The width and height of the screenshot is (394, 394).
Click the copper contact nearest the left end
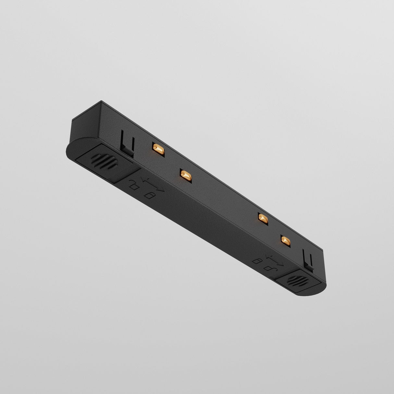(x=158, y=149)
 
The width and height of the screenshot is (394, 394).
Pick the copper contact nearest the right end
(x=285, y=240)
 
